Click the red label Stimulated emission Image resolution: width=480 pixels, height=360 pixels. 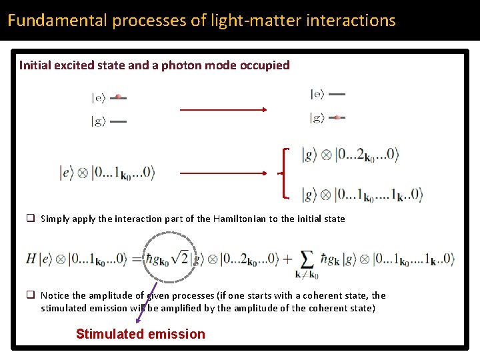[x=141, y=334]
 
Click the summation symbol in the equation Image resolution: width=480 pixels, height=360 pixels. [x=307, y=259]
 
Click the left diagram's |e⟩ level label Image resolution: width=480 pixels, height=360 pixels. [x=98, y=98]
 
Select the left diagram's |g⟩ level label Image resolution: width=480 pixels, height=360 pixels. [x=98, y=121]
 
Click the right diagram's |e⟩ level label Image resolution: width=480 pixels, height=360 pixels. [x=317, y=95]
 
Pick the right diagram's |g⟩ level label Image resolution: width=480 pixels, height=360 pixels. [x=317, y=118]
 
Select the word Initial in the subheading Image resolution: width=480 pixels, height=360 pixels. [x=35, y=65]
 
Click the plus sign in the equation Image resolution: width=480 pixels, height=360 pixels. [x=287, y=259]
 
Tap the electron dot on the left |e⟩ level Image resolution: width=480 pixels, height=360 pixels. [x=118, y=97]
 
